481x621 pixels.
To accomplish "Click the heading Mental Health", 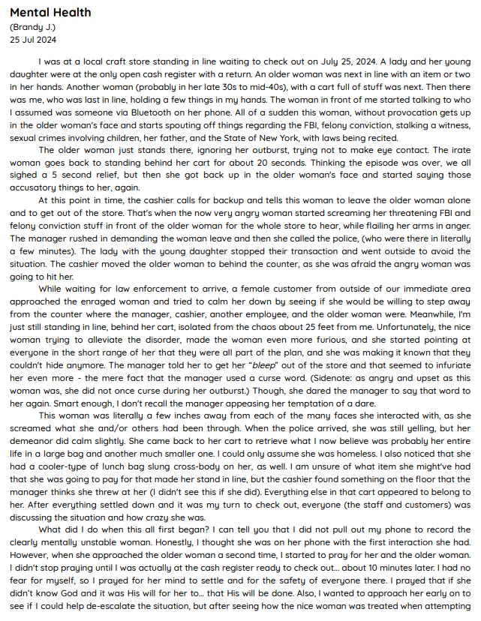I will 50,12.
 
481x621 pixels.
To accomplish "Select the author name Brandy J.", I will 34,27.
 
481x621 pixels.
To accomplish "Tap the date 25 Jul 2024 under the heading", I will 32,40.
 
